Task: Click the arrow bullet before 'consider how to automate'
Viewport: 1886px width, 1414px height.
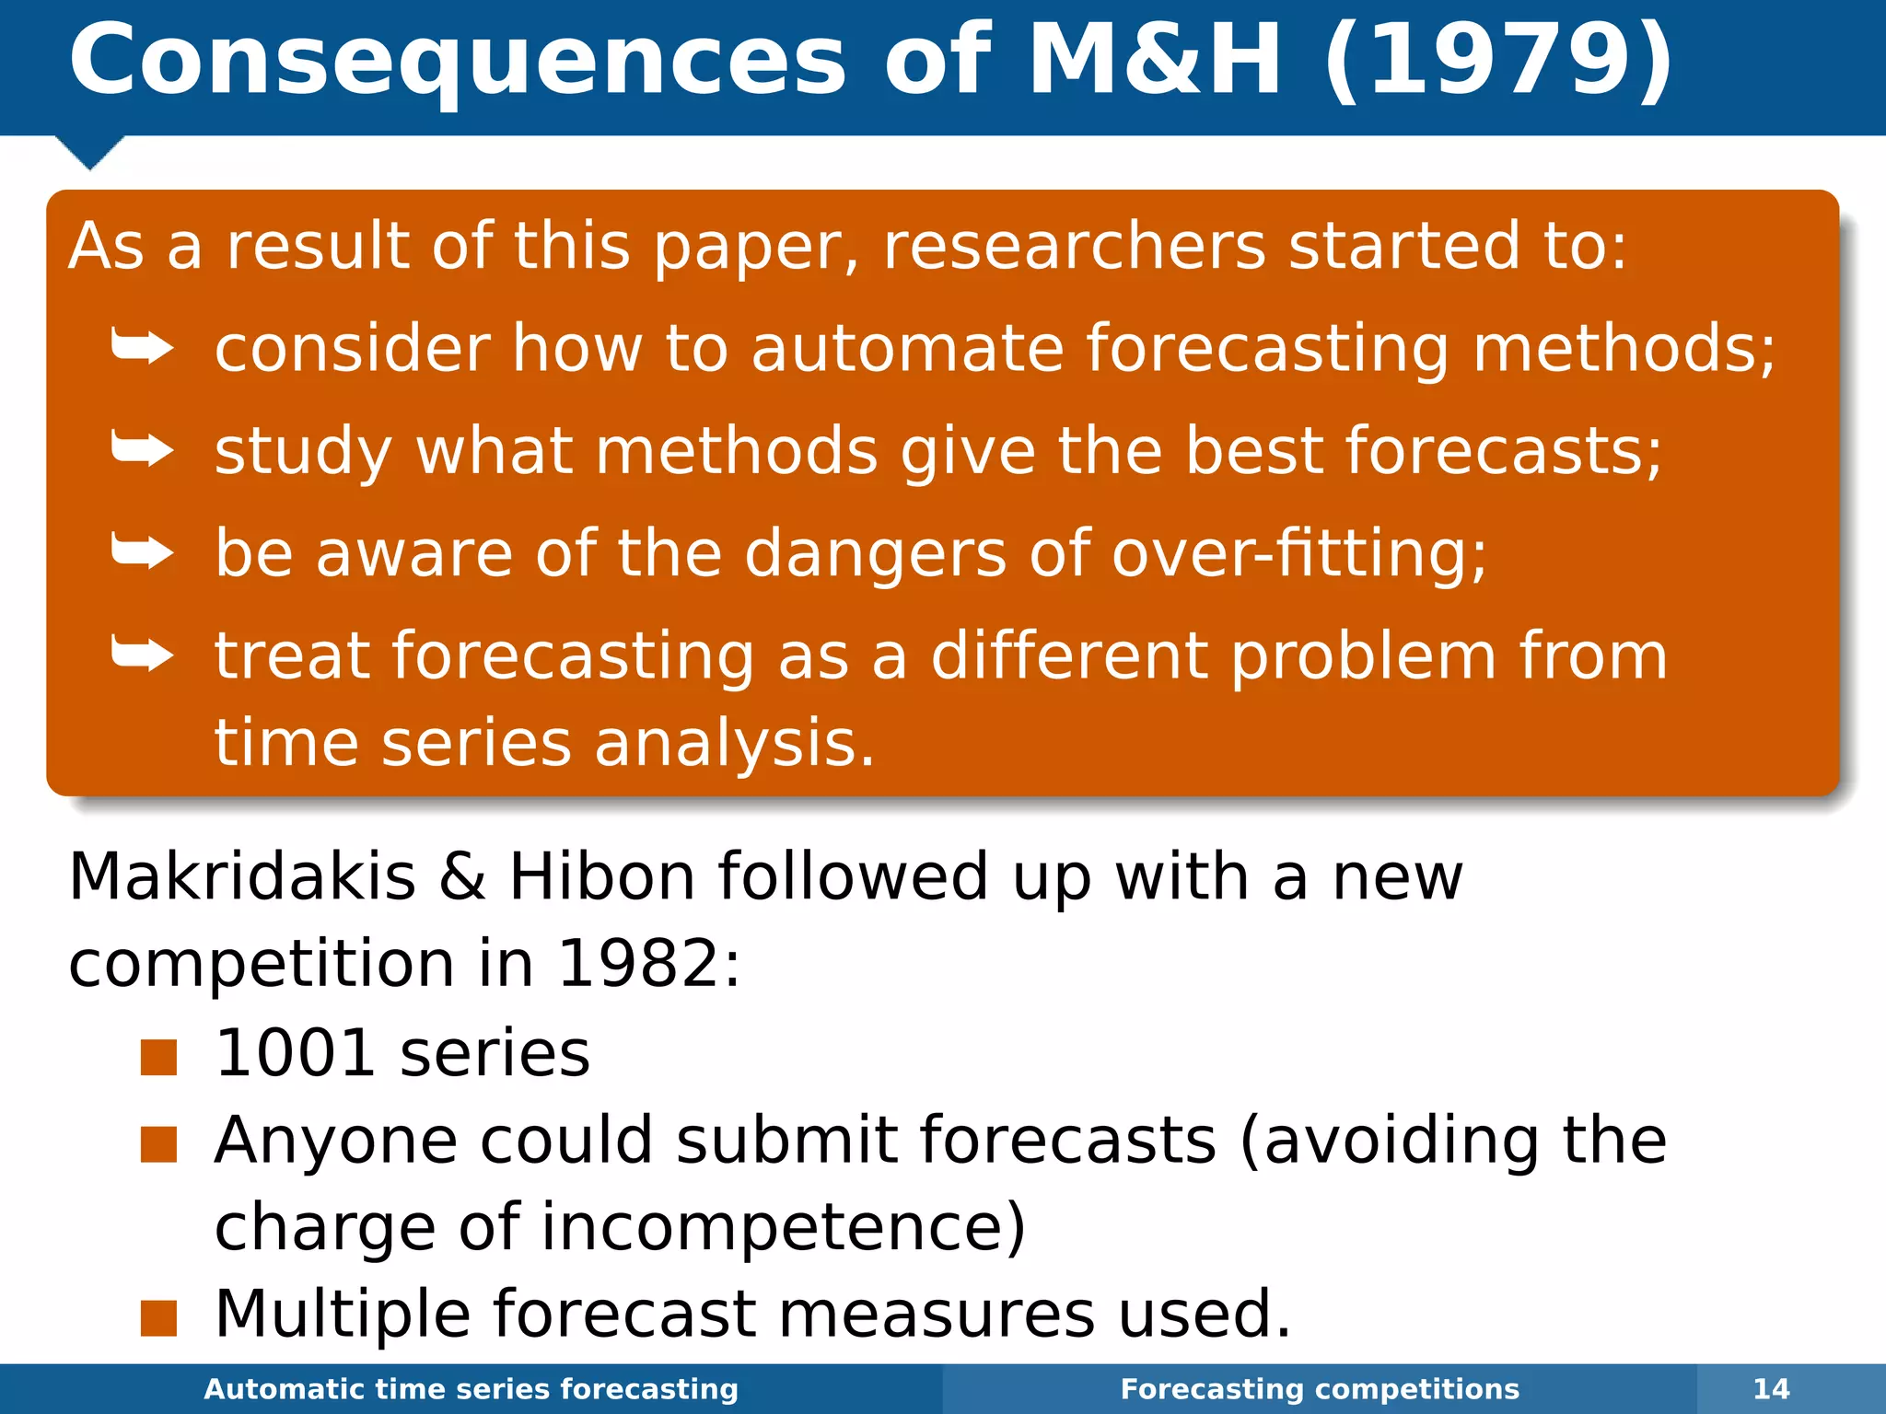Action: click(x=142, y=348)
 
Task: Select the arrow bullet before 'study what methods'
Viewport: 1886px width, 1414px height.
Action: click(x=142, y=450)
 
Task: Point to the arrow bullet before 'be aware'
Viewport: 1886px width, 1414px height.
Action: click(x=142, y=552)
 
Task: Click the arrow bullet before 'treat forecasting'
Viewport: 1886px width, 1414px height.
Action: click(x=142, y=655)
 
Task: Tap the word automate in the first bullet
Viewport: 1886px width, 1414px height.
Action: click(x=907, y=349)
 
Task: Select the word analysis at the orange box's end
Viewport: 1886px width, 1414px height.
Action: click(x=734, y=744)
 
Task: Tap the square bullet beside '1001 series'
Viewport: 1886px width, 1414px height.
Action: click(x=158, y=1058)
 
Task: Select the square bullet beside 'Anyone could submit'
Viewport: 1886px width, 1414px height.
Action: click(x=158, y=1145)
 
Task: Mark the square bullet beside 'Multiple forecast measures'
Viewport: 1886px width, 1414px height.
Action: click(x=158, y=1318)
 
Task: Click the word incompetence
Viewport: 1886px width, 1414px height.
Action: click(x=783, y=1228)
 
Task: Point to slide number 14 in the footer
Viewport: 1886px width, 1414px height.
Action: click(x=1771, y=1389)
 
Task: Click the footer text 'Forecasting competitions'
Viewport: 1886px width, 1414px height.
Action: click(x=1320, y=1389)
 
